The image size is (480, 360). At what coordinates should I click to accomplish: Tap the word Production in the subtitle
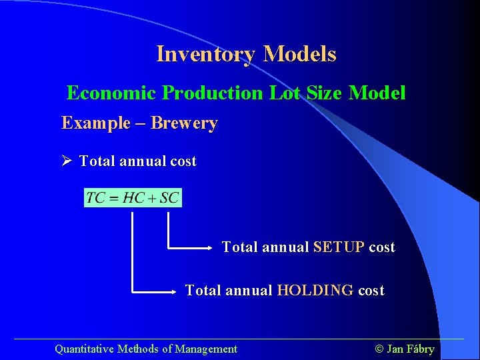(x=213, y=93)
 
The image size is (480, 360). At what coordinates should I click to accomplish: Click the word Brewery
(x=184, y=123)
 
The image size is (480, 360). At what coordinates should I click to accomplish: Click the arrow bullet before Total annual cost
(x=67, y=161)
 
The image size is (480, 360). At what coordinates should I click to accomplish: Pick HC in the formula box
(x=133, y=198)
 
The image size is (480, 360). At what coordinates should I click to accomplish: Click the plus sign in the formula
(x=152, y=199)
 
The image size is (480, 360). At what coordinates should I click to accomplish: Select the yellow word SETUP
(x=339, y=247)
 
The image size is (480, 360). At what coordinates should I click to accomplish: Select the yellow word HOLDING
(x=315, y=291)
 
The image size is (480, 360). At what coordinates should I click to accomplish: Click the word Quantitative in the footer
(x=84, y=349)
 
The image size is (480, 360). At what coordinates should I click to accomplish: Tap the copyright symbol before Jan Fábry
(x=379, y=349)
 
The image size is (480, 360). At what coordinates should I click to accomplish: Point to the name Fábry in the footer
(x=421, y=349)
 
